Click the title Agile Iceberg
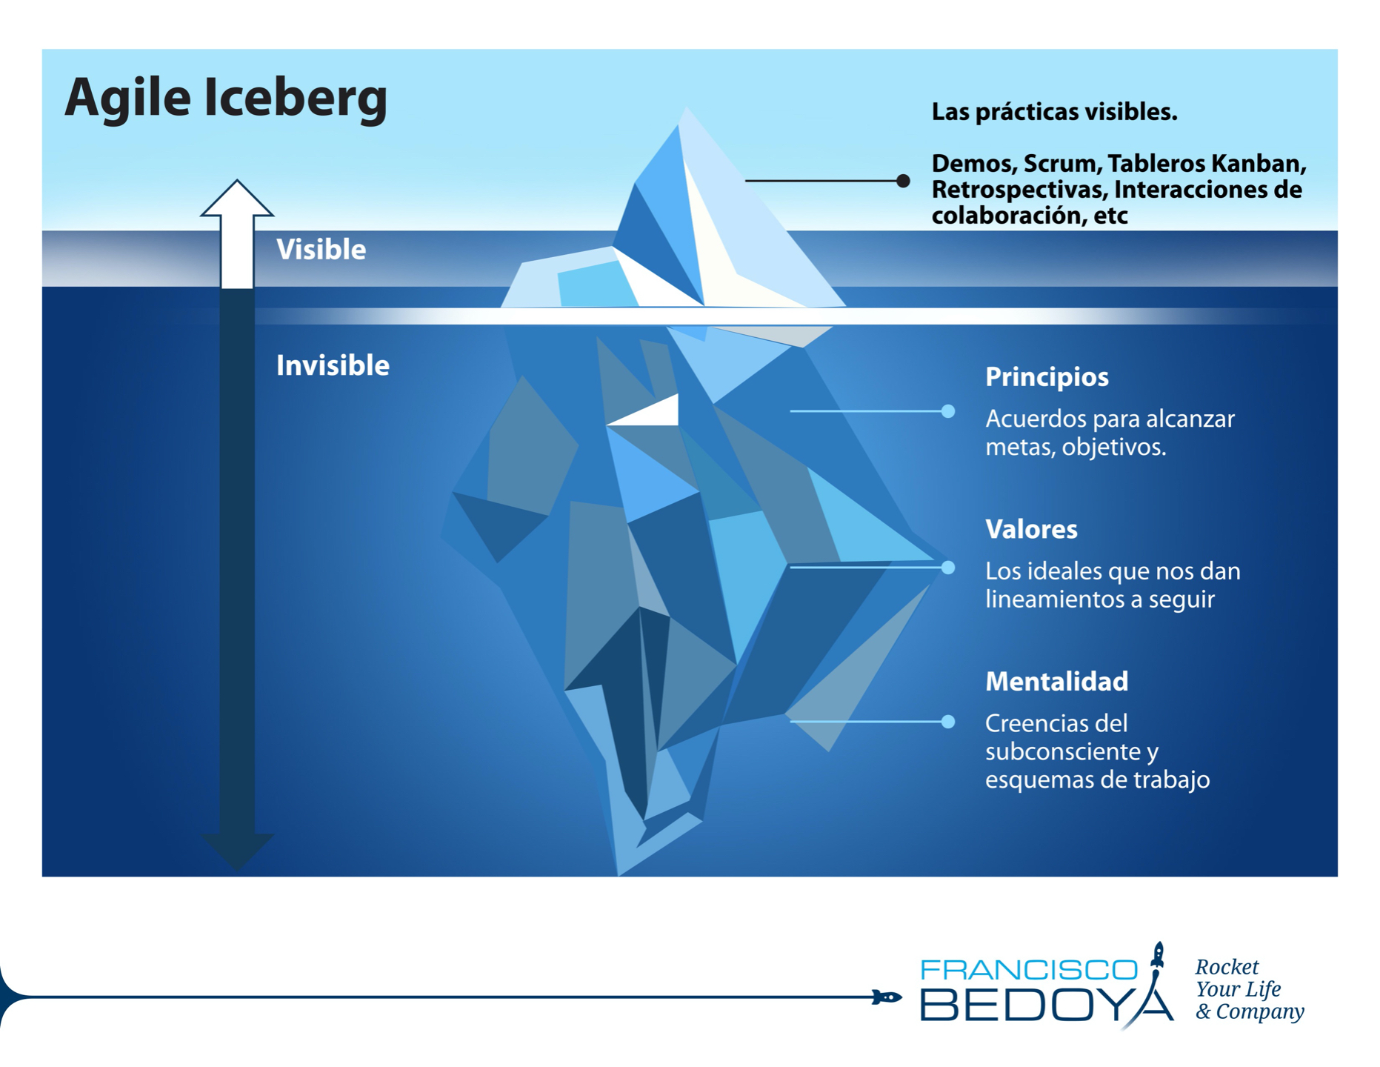(x=226, y=99)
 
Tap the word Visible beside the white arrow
(x=321, y=250)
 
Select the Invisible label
(x=333, y=365)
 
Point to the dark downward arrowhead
(x=237, y=850)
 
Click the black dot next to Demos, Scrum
(x=903, y=181)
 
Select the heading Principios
(x=1047, y=377)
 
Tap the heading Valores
(x=1031, y=529)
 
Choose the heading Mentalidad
(x=1056, y=681)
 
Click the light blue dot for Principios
(x=948, y=411)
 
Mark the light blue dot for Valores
(x=948, y=568)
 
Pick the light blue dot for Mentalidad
(x=948, y=722)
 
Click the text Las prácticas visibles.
(x=1054, y=112)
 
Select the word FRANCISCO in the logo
(x=1029, y=969)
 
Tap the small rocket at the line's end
(x=886, y=997)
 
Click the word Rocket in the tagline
(x=1227, y=967)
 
